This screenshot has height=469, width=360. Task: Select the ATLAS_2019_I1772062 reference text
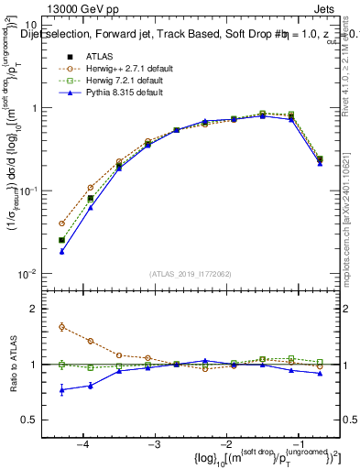pyautogui.click(x=190, y=274)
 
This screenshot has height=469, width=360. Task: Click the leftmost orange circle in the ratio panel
pyautogui.click(x=61, y=326)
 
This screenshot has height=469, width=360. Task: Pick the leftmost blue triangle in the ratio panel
pyautogui.click(x=61, y=390)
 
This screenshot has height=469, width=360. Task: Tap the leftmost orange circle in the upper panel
pyautogui.click(x=61, y=224)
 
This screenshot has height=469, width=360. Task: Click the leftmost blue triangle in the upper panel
pyautogui.click(x=61, y=251)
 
